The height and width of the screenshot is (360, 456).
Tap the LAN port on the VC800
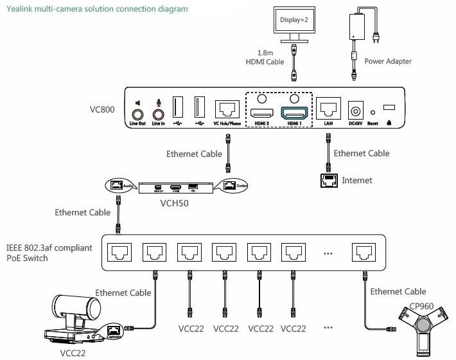tap(329, 107)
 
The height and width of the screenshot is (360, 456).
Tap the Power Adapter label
tap(387, 62)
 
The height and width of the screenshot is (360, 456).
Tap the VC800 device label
tap(102, 109)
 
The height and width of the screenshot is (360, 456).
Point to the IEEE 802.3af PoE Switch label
tap(50, 253)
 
